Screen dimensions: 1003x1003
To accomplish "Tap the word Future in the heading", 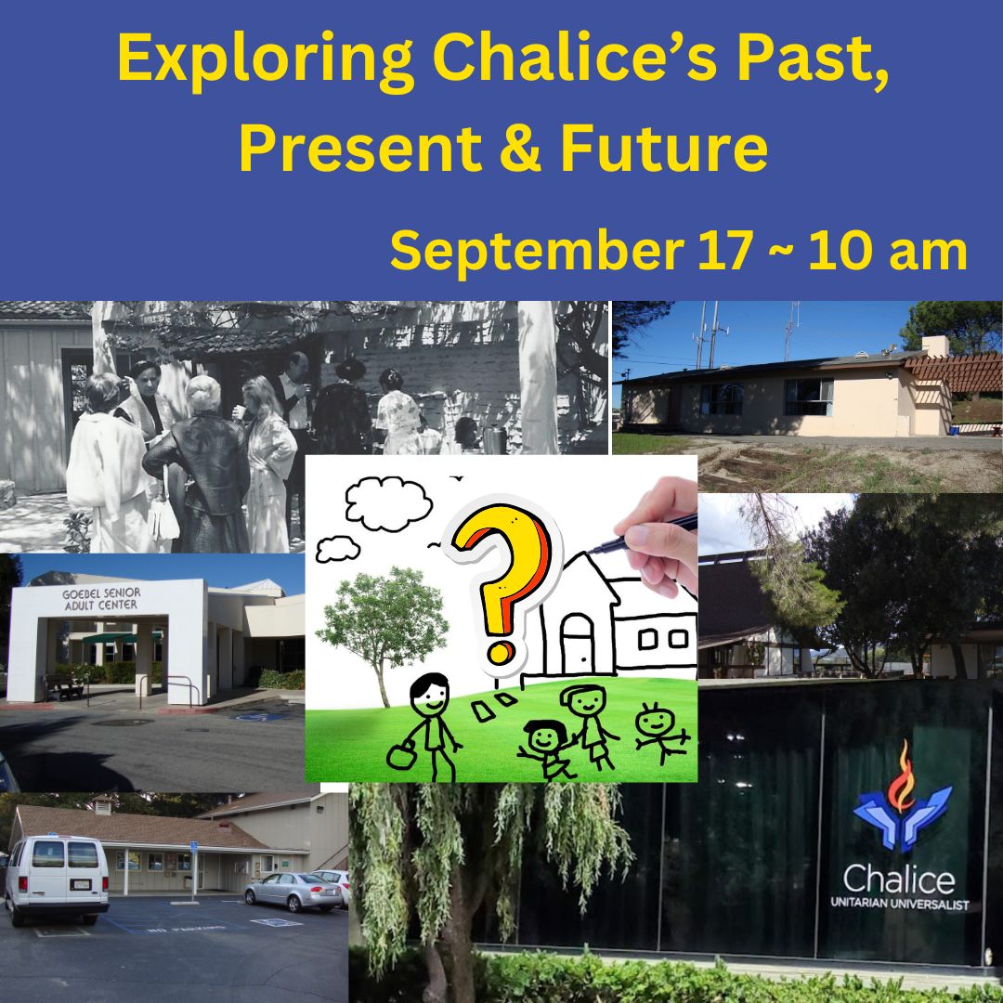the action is (663, 148).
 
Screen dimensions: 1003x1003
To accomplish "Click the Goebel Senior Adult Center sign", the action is (101, 599).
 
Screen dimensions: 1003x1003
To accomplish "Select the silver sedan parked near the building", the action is (293, 891).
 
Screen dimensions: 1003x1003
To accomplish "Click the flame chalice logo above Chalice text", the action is (902, 797).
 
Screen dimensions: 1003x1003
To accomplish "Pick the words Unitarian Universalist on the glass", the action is (899, 904).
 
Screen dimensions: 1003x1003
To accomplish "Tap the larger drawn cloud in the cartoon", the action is (388, 503).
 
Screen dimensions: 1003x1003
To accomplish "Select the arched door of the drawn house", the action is (577, 643).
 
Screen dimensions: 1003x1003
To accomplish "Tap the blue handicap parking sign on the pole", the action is (193, 847).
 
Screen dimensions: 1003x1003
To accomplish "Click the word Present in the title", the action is (360, 148).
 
